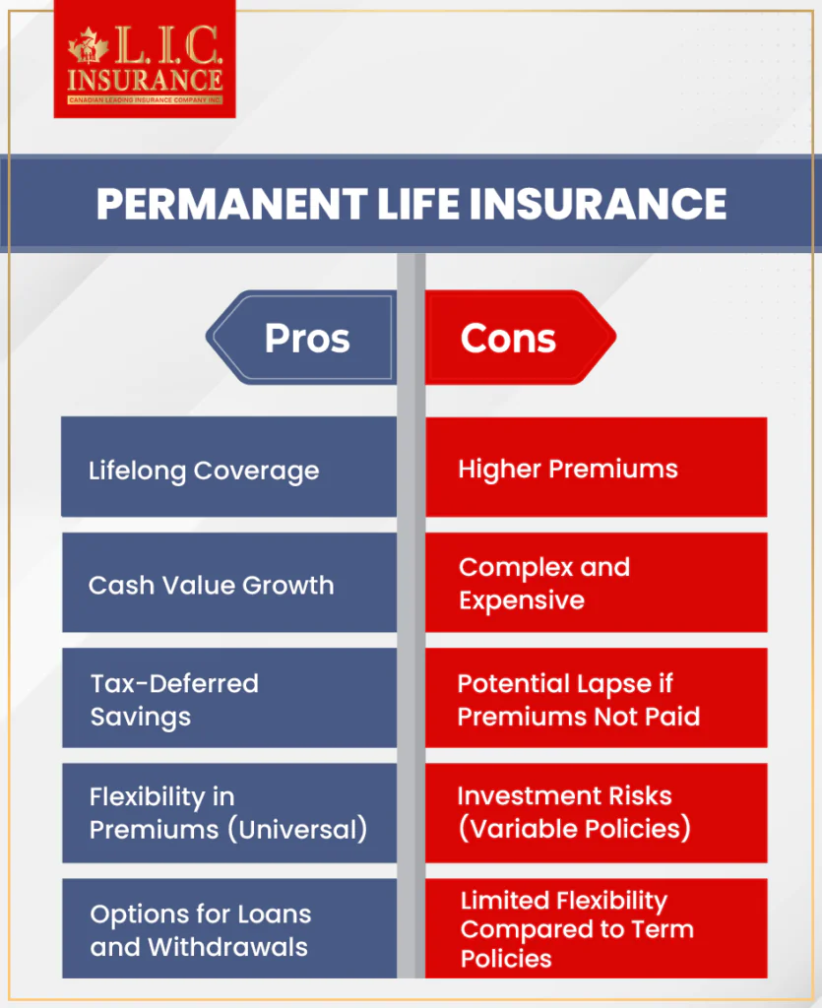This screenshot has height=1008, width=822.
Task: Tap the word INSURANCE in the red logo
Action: [x=145, y=79]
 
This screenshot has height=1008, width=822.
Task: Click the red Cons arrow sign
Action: [x=516, y=339]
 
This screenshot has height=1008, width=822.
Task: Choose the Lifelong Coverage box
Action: [x=228, y=469]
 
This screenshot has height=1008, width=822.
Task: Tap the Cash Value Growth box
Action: [x=228, y=584]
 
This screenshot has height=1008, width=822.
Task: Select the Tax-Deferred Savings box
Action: [x=228, y=699]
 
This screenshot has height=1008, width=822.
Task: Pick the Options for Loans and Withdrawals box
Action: [x=228, y=929]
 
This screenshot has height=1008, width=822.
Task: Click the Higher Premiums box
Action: [x=596, y=469]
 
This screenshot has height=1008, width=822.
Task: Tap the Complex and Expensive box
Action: [x=596, y=584]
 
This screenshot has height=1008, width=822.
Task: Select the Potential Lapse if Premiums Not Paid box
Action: [x=596, y=699]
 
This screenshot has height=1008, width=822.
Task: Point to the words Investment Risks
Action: [x=564, y=795]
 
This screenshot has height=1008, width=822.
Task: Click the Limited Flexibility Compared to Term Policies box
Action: [x=596, y=929]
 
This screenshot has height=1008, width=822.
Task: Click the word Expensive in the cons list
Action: [x=522, y=600]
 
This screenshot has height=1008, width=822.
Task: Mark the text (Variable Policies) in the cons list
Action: [x=575, y=829]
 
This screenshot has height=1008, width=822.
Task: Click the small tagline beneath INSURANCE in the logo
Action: [x=145, y=100]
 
